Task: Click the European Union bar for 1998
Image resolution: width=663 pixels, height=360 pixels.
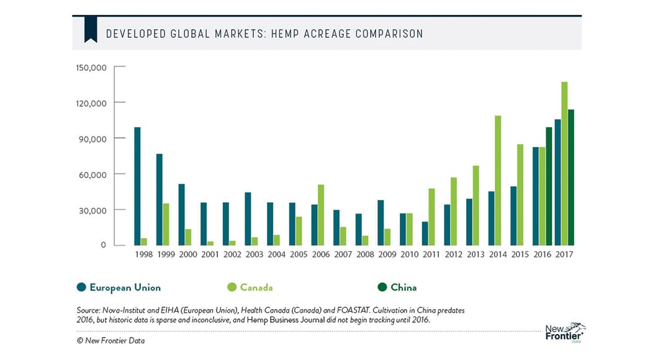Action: (x=137, y=186)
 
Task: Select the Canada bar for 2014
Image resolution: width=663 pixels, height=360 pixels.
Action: (x=498, y=181)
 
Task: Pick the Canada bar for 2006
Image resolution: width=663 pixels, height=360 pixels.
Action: (x=320, y=215)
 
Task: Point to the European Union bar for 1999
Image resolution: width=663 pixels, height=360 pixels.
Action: (x=160, y=199)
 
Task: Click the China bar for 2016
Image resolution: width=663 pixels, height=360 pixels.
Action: (x=549, y=186)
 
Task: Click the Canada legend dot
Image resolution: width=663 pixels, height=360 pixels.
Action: (x=232, y=287)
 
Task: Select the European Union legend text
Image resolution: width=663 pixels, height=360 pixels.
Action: (x=125, y=287)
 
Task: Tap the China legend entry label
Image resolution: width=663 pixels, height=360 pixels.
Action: (x=404, y=287)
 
